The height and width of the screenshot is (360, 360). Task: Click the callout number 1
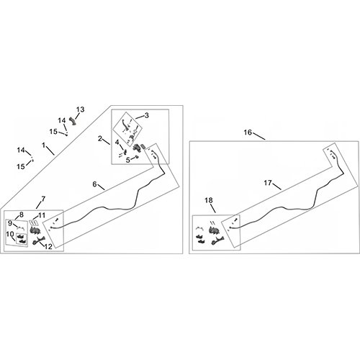43,145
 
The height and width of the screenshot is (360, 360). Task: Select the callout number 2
100,139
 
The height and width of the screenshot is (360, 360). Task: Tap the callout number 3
146,115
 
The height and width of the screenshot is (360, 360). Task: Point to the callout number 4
117,143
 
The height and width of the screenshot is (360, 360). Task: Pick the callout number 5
128,160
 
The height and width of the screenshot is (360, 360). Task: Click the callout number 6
95,184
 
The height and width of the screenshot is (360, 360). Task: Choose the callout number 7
43,199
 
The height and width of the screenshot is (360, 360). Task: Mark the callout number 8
22,215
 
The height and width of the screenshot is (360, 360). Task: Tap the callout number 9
10,223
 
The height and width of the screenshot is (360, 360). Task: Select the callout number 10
10,234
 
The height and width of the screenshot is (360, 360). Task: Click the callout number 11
42,215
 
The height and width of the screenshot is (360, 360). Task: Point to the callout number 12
48,246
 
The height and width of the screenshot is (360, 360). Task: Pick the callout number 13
81,109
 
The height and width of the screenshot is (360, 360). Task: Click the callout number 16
248,132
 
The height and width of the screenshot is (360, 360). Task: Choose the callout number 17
268,183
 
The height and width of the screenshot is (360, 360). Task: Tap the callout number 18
209,200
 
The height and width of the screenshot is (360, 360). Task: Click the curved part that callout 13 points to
72,121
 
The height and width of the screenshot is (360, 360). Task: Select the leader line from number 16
259,136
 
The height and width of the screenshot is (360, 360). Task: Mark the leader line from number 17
276,186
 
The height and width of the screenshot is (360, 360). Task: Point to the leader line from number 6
102,187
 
